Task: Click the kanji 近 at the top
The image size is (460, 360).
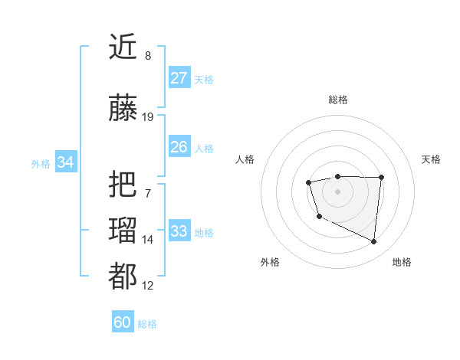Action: (x=123, y=47)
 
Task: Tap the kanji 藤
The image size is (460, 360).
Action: (x=123, y=109)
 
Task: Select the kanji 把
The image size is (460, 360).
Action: (x=123, y=185)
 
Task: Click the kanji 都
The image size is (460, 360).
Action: (x=123, y=277)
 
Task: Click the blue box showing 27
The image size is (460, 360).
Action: (x=179, y=79)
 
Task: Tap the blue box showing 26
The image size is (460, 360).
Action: (x=179, y=147)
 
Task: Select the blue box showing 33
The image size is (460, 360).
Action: (x=179, y=231)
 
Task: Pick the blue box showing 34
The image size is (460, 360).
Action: (x=65, y=162)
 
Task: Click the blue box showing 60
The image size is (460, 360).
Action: (x=122, y=322)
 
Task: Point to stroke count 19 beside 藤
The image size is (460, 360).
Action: (x=147, y=117)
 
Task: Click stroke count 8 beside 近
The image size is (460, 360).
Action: (x=147, y=56)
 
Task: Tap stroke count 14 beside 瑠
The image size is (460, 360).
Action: (x=147, y=240)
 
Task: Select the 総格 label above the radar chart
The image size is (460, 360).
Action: (x=337, y=100)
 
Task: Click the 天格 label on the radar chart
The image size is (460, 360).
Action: (x=431, y=159)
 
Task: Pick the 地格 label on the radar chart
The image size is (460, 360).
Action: (x=402, y=262)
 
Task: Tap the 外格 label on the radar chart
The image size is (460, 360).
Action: (x=270, y=262)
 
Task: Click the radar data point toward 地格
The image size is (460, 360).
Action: (x=374, y=242)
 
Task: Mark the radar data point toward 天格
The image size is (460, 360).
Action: (x=381, y=178)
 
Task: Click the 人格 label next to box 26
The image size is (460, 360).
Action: (x=204, y=149)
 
